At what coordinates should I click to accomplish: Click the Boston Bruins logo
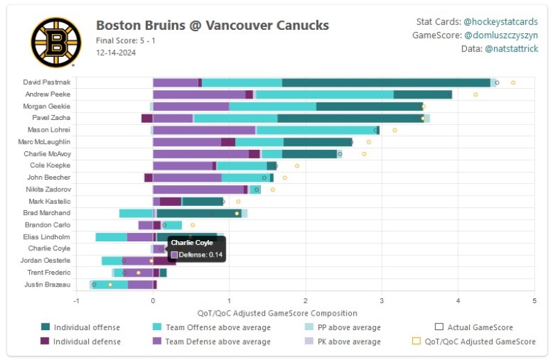56,42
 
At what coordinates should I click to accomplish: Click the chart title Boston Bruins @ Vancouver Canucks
212,26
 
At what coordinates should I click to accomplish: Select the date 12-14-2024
116,52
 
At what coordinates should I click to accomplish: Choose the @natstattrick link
511,49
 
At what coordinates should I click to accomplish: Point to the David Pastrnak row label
46,83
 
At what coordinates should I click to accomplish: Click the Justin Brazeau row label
48,284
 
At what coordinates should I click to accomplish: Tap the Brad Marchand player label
46,213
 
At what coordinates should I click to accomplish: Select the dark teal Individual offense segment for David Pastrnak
386,83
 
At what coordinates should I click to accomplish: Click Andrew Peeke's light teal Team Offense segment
325,94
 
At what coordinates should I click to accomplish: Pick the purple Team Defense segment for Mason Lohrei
204,130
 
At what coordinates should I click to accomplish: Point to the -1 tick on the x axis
76,300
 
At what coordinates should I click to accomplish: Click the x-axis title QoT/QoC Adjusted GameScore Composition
277,313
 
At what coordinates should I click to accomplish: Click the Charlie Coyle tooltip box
197,249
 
